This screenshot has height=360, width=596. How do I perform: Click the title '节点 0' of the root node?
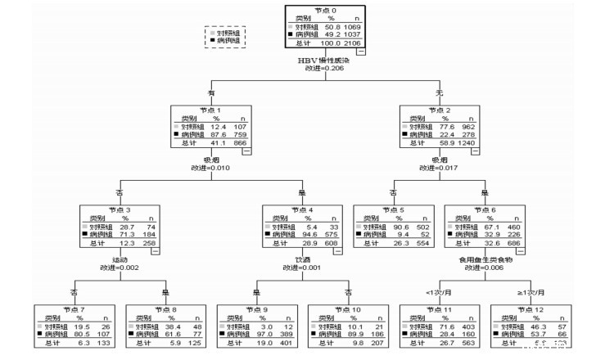(330, 10)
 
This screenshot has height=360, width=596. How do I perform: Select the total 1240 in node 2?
(469, 143)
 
